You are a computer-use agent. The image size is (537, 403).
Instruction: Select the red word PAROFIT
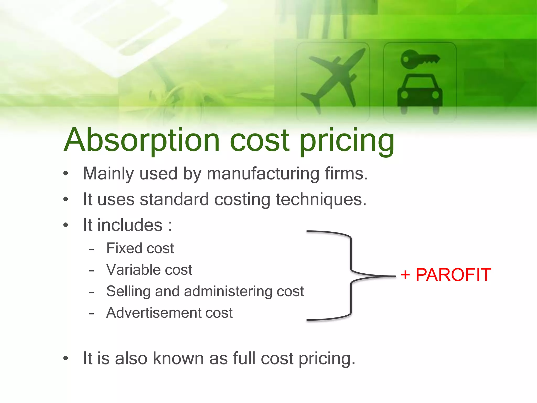tap(453, 275)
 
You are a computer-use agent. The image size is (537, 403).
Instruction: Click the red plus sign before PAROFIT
tap(405, 275)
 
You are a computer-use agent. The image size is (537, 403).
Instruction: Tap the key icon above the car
tap(419, 59)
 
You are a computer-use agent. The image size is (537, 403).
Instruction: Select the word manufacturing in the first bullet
tap(263, 174)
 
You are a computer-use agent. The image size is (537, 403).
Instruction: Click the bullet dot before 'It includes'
tap(66, 225)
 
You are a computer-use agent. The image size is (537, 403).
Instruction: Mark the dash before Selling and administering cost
tap(91, 292)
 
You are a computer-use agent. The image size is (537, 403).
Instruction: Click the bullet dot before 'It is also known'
tap(66, 358)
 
